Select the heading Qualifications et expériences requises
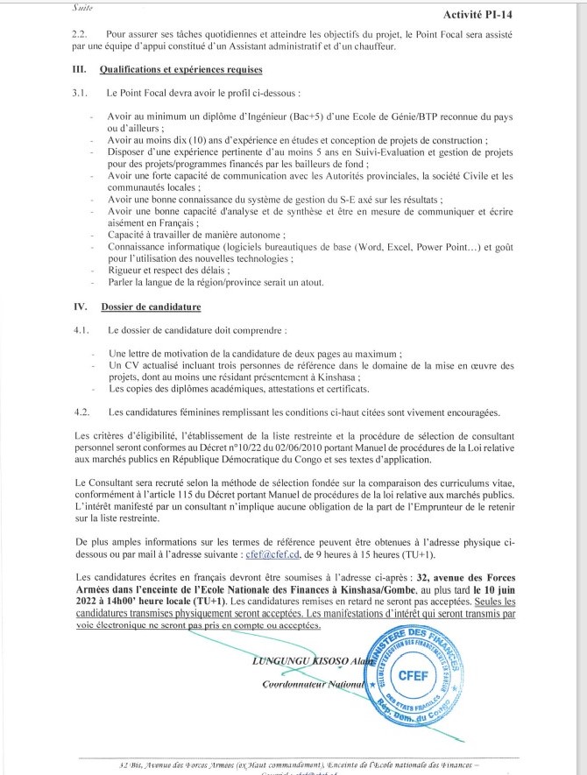pos(181,68)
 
